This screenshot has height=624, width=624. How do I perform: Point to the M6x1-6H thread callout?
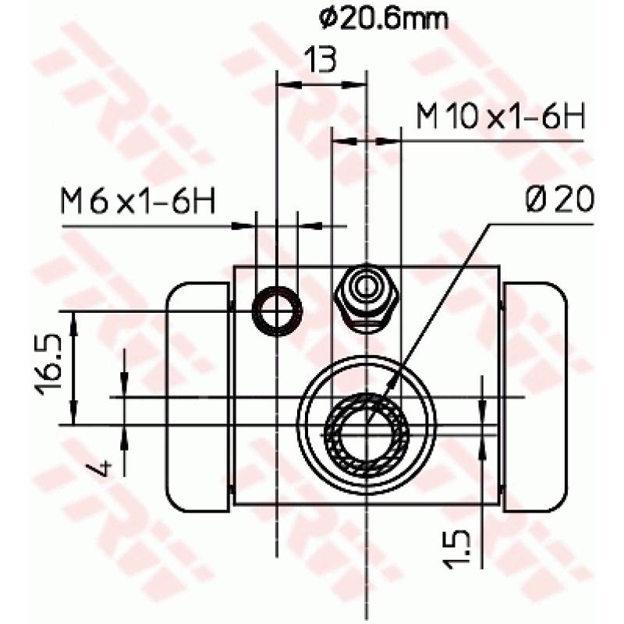click(x=138, y=203)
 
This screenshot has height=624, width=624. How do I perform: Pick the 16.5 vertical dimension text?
click(x=48, y=367)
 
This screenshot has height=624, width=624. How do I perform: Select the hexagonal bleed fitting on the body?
click(x=366, y=297)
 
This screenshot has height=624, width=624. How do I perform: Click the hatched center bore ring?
click(x=366, y=429)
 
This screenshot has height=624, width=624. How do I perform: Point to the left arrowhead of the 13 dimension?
click(x=285, y=83)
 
